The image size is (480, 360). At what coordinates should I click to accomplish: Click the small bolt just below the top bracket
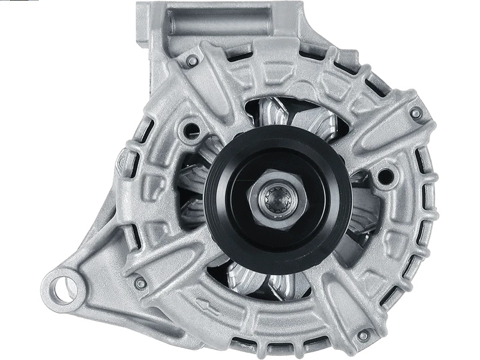click(x=191, y=61)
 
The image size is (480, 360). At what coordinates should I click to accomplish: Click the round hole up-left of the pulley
click(x=193, y=127)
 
